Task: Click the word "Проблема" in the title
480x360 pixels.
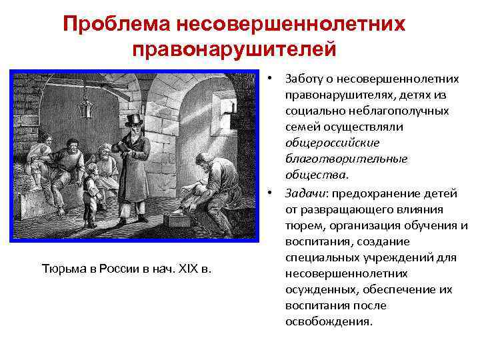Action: [x=115, y=25]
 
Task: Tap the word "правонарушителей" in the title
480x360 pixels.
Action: [x=233, y=49]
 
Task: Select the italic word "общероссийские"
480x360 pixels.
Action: [x=323, y=143]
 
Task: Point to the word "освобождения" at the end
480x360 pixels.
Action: [x=326, y=321]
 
